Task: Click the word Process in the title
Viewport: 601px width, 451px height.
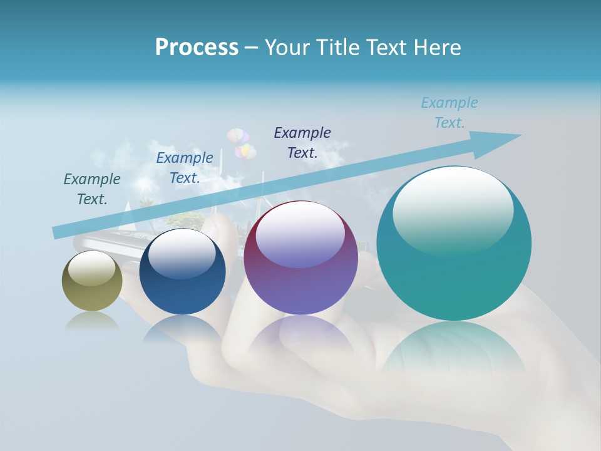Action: pos(197,48)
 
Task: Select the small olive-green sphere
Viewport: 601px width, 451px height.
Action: pos(92,281)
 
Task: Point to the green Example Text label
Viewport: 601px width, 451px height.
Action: pos(92,189)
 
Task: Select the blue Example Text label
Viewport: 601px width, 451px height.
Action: pos(185,168)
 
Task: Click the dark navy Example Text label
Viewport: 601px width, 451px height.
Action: pos(302,143)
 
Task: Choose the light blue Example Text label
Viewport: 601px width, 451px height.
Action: pos(449,113)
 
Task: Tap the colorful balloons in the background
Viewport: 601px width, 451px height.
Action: pos(242,143)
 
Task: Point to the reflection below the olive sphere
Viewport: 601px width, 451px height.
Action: pos(92,321)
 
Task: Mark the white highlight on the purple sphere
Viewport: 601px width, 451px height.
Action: pos(300,233)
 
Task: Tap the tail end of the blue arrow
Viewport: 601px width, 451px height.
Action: pos(58,232)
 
